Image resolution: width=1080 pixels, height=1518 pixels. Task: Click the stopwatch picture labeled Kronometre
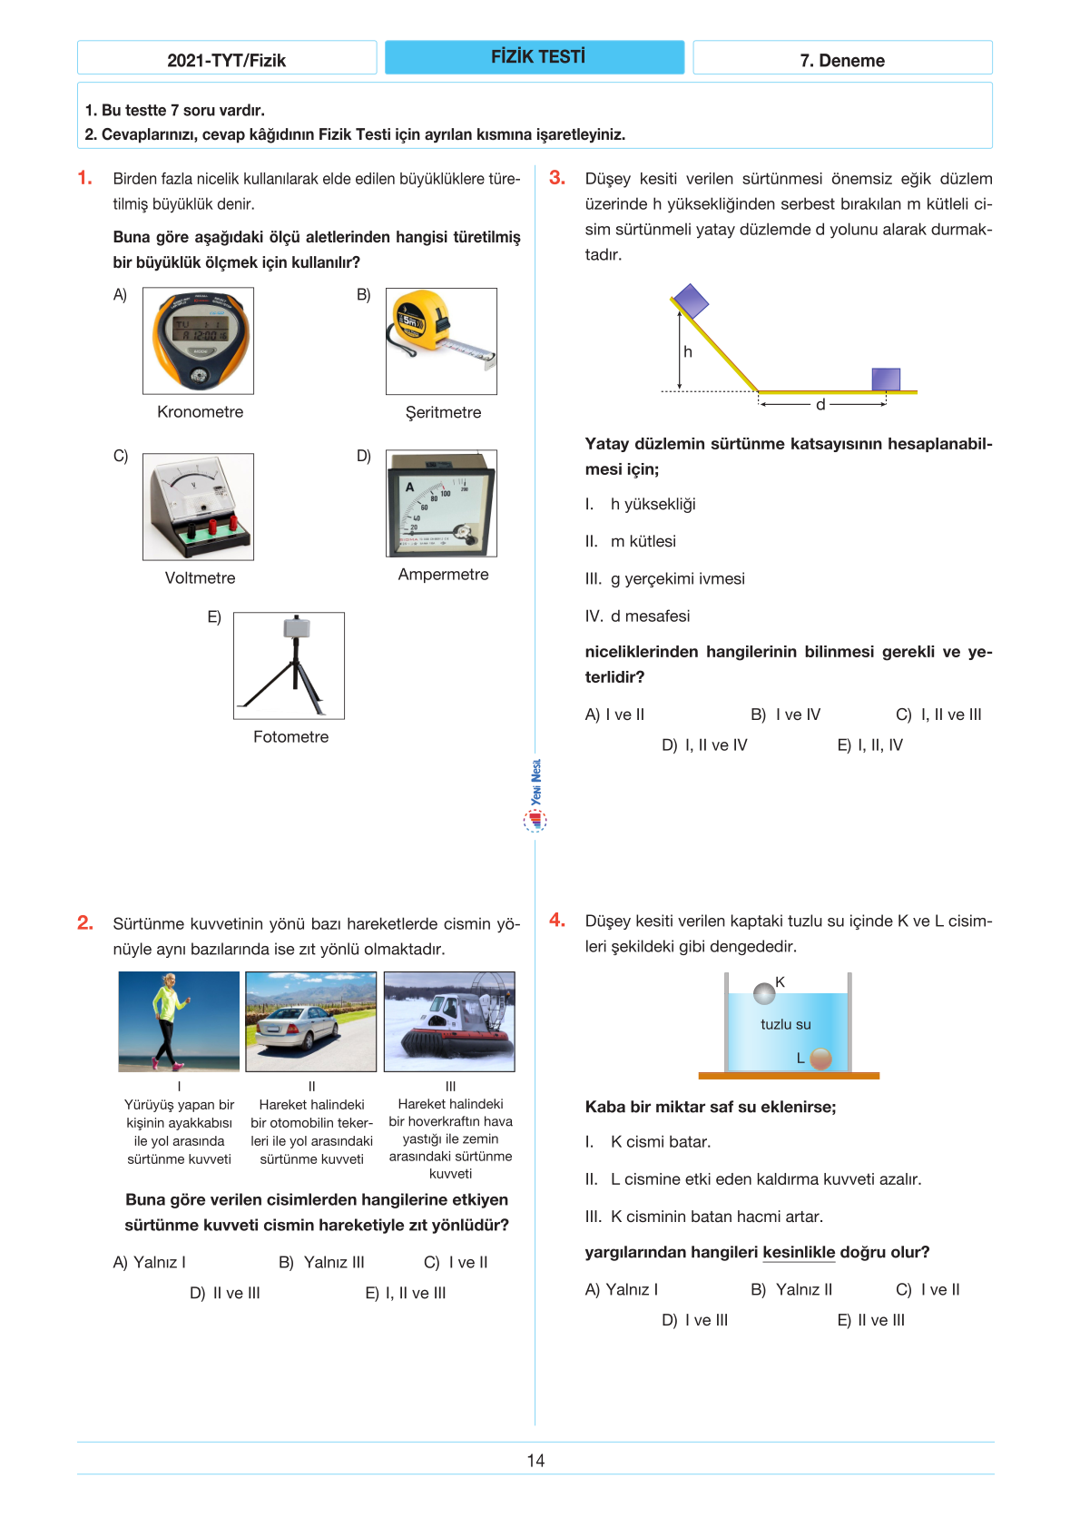click(x=198, y=340)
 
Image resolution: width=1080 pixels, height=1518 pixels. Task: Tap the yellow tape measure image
click(x=441, y=340)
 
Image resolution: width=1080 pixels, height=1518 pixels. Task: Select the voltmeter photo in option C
click(x=198, y=507)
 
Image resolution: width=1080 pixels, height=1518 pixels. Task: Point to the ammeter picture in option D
click(x=441, y=503)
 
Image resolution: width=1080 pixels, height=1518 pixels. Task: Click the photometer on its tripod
click(x=289, y=665)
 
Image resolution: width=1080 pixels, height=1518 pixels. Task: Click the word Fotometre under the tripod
click(x=290, y=737)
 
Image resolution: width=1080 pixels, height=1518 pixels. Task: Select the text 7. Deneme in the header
click(x=842, y=61)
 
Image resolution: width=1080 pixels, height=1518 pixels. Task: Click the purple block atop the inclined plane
click(x=690, y=301)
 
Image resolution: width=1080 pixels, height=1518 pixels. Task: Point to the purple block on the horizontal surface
click(x=886, y=379)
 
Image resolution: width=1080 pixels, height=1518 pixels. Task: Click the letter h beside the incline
click(x=688, y=352)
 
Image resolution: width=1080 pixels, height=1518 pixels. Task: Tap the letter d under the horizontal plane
click(x=820, y=405)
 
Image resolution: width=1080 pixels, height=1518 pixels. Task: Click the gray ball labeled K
click(x=764, y=994)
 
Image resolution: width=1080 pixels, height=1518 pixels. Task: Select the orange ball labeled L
click(x=820, y=1059)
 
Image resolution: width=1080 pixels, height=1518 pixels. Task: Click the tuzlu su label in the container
click(x=786, y=1024)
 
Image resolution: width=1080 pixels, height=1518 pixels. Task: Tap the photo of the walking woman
click(x=179, y=1021)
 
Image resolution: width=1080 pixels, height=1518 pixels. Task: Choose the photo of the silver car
click(x=310, y=1021)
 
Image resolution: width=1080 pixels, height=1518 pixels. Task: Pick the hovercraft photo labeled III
click(x=449, y=1021)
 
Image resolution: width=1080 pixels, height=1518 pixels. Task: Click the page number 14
click(x=535, y=1461)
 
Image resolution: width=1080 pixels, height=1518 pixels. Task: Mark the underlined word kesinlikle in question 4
click(x=799, y=1253)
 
